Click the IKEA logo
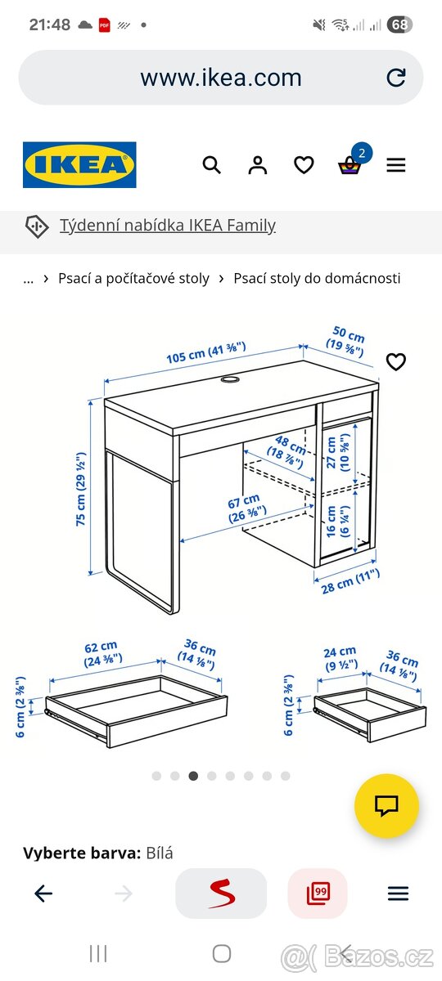(x=79, y=165)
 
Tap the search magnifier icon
(x=211, y=165)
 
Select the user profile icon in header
(x=258, y=165)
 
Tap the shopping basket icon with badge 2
(x=350, y=165)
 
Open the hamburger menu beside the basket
(x=396, y=165)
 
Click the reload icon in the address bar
(x=396, y=78)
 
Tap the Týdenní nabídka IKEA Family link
(x=167, y=226)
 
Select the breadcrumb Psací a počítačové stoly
(x=133, y=278)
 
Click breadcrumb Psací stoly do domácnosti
(x=317, y=278)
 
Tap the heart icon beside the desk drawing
(x=396, y=361)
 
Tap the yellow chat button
(x=386, y=806)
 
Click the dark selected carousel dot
(x=193, y=776)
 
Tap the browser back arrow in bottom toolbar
(x=43, y=894)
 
